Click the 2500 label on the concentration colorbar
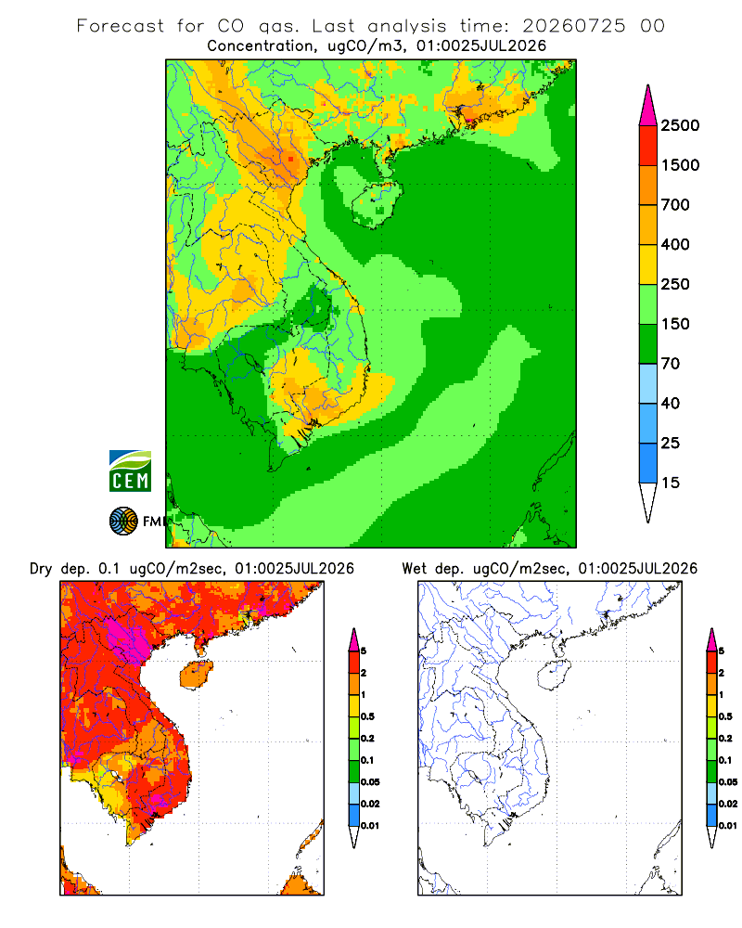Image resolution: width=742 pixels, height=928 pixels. point(680,125)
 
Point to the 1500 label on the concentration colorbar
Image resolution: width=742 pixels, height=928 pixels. point(680,165)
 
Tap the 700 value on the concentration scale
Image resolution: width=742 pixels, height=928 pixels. point(675,205)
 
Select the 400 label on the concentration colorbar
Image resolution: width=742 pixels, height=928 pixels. point(675,244)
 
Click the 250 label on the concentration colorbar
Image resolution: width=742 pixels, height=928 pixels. point(675,284)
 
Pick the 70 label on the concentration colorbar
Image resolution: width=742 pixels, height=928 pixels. point(671,364)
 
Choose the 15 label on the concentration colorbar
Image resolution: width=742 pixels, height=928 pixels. point(671,483)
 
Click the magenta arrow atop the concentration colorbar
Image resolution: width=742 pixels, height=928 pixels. point(648,107)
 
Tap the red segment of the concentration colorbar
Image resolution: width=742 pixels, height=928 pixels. point(648,146)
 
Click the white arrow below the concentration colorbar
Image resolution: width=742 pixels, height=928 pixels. point(648,501)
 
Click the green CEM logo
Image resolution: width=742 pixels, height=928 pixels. point(130,471)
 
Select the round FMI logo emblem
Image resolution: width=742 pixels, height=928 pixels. point(123,522)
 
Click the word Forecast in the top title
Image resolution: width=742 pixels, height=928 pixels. point(121,26)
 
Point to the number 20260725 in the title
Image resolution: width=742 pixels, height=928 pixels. point(573,26)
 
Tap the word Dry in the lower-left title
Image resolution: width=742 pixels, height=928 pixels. point(41,570)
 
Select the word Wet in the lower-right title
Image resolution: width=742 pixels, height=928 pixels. point(415,569)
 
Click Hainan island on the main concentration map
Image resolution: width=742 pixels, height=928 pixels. point(377,204)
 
